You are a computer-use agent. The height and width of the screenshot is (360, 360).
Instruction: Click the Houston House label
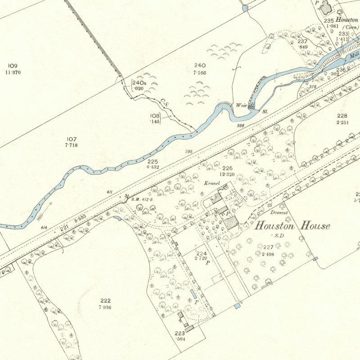point(292,226)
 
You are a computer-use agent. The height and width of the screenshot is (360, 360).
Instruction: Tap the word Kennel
point(211,184)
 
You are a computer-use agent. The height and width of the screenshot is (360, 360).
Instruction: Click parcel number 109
point(13,66)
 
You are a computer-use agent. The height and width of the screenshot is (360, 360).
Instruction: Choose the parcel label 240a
point(139,83)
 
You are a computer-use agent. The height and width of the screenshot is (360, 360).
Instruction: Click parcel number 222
point(105,301)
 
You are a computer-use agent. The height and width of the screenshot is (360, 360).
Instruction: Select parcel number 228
point(342,116)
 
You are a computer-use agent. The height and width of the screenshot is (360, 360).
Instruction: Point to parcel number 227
point(268,247)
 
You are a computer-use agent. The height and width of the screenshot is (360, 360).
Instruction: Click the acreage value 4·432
point(153,167)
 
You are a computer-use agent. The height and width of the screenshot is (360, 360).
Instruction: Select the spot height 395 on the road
point(189,152)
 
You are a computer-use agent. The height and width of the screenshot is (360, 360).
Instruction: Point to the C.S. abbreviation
point(164,102)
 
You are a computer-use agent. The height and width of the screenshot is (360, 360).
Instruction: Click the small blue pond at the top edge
point(245,8)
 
